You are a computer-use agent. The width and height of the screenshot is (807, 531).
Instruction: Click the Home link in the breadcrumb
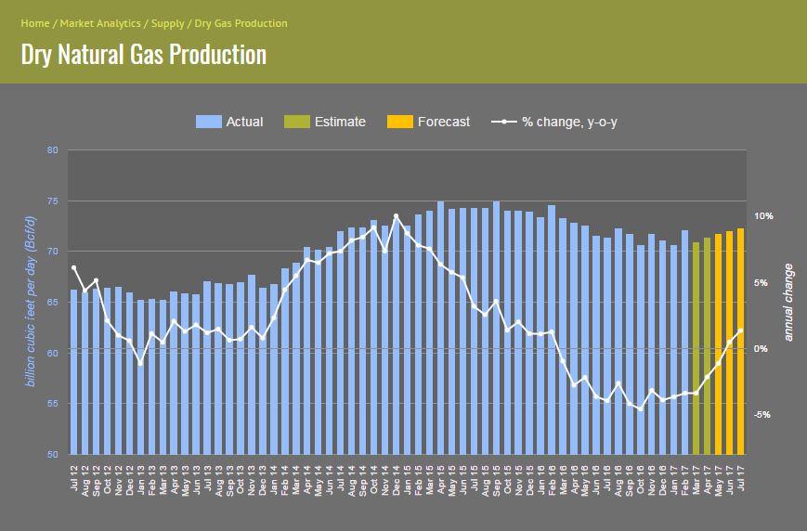click(x=34, y=23)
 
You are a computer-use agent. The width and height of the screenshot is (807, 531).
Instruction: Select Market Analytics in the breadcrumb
click(x=100, y=23)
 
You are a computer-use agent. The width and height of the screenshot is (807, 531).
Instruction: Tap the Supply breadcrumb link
click(x=168, y=23)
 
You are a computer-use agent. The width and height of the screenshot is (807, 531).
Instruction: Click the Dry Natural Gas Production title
click(x=143, y=54)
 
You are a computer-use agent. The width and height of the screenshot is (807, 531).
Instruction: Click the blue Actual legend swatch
click(x=207, y=122)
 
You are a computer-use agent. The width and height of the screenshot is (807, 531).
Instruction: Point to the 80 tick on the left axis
click(x=52, y=150)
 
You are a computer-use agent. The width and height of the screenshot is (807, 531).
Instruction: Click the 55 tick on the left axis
click(x=52, y=404)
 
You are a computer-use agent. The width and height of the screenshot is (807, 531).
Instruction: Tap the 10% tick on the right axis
click(x=762, y=216)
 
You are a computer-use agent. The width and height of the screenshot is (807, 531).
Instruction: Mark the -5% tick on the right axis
click(x=762, y=415)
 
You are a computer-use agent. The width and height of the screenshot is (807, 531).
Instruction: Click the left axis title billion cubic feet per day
click(x=30, y=302)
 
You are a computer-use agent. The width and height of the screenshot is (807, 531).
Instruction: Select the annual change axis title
click(x=788, y=302)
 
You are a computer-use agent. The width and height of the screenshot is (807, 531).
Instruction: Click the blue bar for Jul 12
click(x=74, y=371)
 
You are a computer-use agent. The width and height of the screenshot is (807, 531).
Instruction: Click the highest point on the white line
click(x=397, y=216)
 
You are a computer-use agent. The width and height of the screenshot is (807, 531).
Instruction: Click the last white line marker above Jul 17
click(x=740, y=330)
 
